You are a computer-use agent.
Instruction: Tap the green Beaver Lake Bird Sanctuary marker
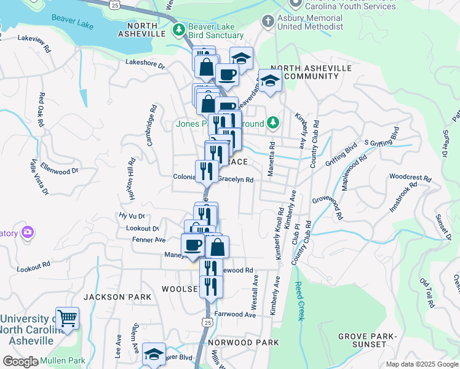178,29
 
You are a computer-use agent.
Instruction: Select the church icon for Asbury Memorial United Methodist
268,22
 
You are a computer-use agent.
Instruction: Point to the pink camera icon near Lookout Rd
27,232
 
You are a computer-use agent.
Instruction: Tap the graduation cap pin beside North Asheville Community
270,81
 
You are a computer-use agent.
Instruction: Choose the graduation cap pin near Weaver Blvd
154,354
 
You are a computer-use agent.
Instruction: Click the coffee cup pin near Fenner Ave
193,245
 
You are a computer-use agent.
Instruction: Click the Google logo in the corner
20,362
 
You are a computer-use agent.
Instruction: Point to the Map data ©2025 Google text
421,364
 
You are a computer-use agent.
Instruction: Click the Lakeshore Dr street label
145,63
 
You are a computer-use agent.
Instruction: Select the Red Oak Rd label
41,109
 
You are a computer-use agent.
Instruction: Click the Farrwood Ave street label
235,314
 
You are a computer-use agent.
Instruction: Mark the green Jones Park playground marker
274,124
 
